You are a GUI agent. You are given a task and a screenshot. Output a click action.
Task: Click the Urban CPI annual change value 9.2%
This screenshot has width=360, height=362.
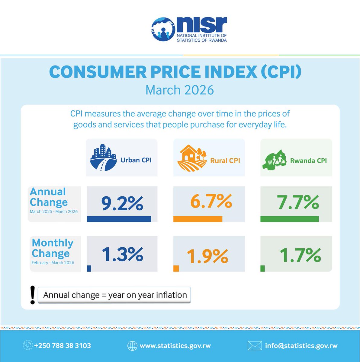point(122,203)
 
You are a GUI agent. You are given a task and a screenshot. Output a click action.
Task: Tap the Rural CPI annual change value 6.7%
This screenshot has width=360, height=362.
point(211,202)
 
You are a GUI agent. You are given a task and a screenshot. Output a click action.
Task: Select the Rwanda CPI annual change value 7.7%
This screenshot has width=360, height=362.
point(298,202)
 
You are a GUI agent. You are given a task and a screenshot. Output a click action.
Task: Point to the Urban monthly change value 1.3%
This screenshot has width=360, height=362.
point(122,254)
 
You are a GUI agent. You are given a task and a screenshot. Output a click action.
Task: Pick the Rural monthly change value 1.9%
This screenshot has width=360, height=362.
point(207,256)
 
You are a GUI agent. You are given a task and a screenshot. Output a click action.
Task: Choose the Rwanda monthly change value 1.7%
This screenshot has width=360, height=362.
point(300,255)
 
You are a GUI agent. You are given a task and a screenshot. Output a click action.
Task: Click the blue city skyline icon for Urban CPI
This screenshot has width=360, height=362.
point(103,158)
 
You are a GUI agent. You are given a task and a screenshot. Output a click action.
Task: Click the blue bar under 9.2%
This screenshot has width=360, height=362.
point(119,219)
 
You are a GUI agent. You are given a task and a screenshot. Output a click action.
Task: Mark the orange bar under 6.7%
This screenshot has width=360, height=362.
point(198,219)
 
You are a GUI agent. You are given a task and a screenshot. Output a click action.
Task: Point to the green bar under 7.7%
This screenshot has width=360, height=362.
point(289,219)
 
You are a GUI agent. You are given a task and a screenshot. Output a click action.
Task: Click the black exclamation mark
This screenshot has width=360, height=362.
point(33,295)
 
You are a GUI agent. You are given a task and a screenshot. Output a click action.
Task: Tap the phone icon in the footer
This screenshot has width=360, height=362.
point(28,345)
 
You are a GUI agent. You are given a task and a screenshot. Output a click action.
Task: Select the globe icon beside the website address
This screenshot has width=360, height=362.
point(132,346)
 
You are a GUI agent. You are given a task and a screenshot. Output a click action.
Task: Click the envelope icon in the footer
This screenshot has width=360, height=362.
point(254,346)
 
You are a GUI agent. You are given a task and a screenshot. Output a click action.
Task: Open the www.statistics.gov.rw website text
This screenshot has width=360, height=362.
point(175,346)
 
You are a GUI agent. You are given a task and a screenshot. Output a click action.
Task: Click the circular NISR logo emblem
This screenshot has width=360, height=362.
point(163,30)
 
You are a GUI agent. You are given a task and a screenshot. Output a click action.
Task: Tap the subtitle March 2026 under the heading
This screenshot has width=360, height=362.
point(180,90)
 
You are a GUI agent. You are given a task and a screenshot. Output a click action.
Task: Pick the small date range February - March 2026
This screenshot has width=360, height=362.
point(53,262)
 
